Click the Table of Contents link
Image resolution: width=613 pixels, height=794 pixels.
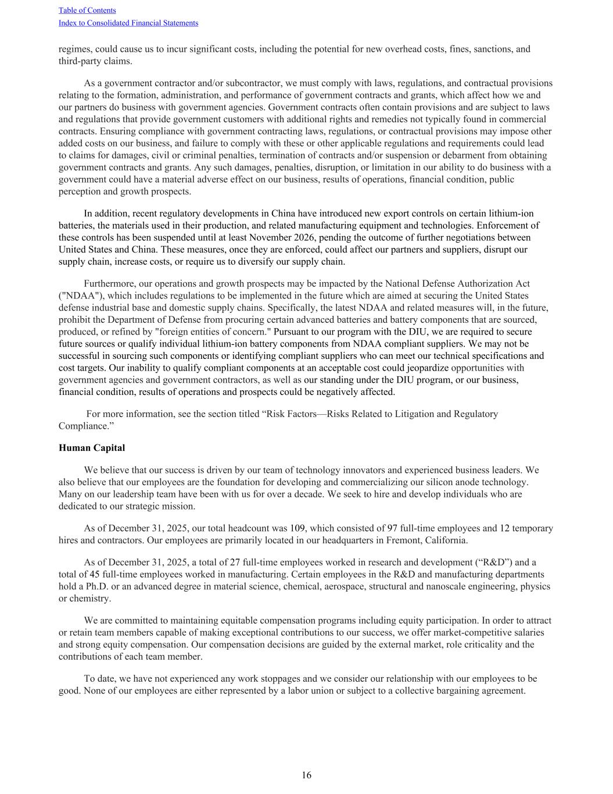(87, 10)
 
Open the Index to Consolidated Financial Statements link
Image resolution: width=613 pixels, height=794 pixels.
(128, 23)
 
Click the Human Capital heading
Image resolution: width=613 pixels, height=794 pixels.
(92, 448)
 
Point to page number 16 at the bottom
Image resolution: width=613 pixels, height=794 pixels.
(306, 775)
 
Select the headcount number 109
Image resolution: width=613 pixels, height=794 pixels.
(297, 528)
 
